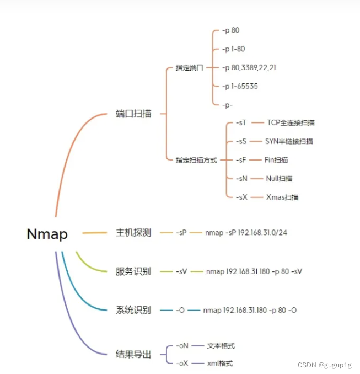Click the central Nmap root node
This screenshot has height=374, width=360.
pyautogui.click(x=47, y=234)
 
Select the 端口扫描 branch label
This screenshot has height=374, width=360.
pyautogui.click(x=133, y=114)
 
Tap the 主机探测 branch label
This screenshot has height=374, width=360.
pyautogui.click(x=133, y=233)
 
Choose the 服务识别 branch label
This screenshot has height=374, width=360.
pyautogui.click(x=133, y=271)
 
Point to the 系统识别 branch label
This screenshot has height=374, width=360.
pyautogui.click(x=133, y=310)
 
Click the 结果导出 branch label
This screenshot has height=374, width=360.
pyautogui.click(x=133, y=354)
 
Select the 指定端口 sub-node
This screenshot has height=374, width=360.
pyautogui.click(x=189, y=68)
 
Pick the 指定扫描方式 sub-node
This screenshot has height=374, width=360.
pyautogui.click(x=196, y=160)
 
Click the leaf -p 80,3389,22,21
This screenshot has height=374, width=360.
pyautogui.click(x=249, y=67)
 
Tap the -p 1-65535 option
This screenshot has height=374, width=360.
pyautogui.click(x=240, y=86)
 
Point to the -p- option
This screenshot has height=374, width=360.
pyautogui.click(x=227, y=104)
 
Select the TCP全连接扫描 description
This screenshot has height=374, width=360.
pyautogui.click(x=291, y=122)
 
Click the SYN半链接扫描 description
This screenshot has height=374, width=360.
pyautogui.click(x=289, y=141)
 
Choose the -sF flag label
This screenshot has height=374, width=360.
pyautogui.click(x=240, y=160)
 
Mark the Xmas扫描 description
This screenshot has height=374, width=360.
pyautogui.click(x=282, y=197)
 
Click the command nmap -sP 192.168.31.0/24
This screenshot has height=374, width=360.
pyautogui.click(x=246, y=233)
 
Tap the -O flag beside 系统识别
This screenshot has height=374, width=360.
pyautogui.click(x=180, y=310)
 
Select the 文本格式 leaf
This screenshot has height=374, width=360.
pyautogui.click(x=221, y=346)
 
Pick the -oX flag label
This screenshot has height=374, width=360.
pyautogui.click(x=182, y=363)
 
